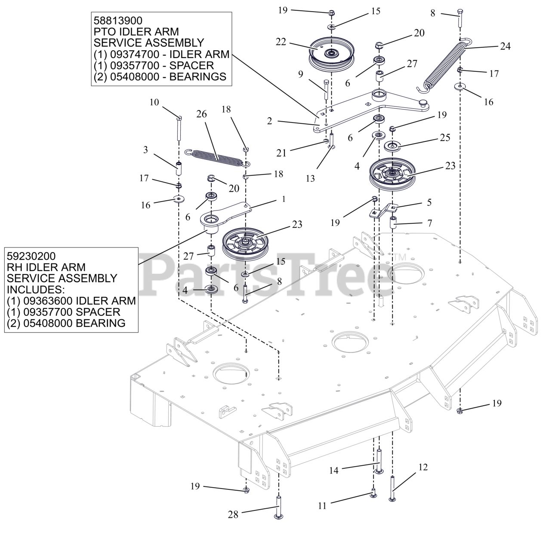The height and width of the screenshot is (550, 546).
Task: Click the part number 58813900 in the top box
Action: [118, 21]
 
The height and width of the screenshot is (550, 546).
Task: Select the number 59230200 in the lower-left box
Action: [31, 256]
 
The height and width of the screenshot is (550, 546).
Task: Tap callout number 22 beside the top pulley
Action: [281, 42]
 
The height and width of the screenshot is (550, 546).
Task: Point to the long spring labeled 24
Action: [444, 65]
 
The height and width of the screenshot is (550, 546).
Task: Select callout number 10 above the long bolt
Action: [154, 102]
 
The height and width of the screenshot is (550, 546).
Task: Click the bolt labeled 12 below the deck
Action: [392, 489]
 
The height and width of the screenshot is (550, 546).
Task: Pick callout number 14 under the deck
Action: [333, 471]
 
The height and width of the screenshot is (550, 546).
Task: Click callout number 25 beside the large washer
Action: [445, 138]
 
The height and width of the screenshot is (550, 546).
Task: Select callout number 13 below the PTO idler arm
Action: [310, 179]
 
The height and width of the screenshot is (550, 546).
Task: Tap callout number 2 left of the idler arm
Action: [270, 121]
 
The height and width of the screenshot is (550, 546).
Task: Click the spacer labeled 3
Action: [179, 169]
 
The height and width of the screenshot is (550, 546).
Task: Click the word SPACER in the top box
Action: [191, 66]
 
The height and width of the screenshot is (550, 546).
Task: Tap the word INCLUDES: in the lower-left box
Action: [36, 290]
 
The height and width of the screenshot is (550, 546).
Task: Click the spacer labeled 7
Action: [393, 223]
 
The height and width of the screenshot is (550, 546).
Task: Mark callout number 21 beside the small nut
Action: [281, 153]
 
